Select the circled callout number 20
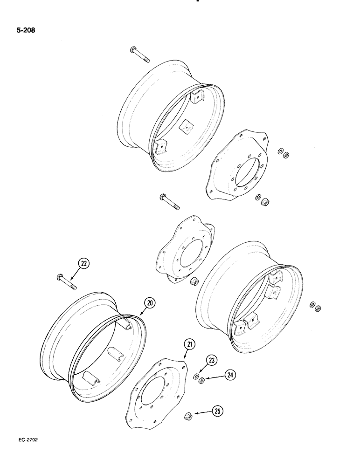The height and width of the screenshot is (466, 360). click(x=149, y=302)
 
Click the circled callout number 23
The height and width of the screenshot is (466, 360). click(x=212, y=360)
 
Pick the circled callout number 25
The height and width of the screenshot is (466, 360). click(x=217, y=411)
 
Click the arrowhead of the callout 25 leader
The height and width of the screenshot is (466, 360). click(x=196, y=414)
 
